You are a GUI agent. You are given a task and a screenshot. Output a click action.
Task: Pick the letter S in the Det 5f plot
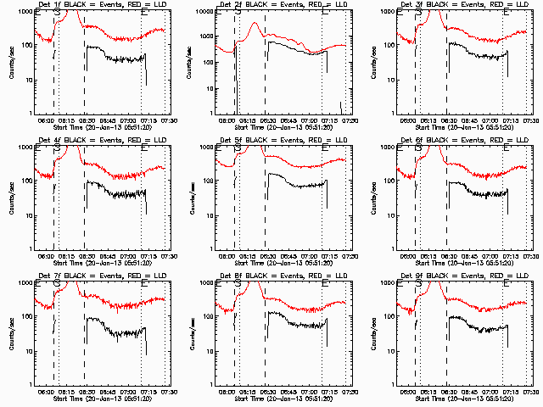point(238,148)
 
